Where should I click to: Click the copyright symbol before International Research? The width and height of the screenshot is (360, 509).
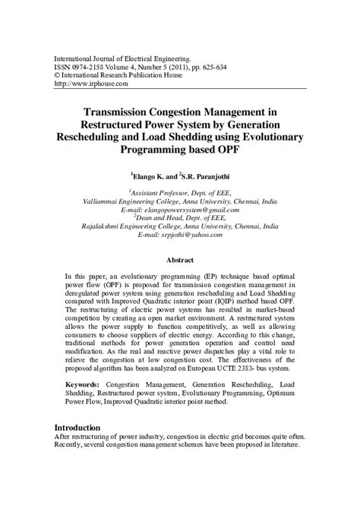(55, 75)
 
